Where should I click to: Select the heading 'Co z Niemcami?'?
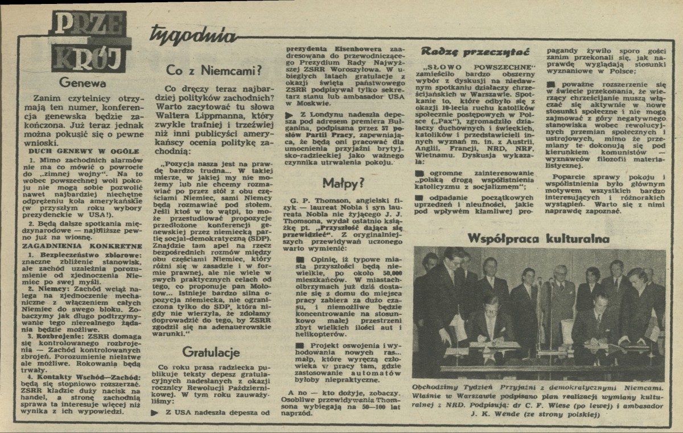click(213, 70)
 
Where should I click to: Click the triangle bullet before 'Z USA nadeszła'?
click(155, 412)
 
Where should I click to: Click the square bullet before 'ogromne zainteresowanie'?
click(419, 171)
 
